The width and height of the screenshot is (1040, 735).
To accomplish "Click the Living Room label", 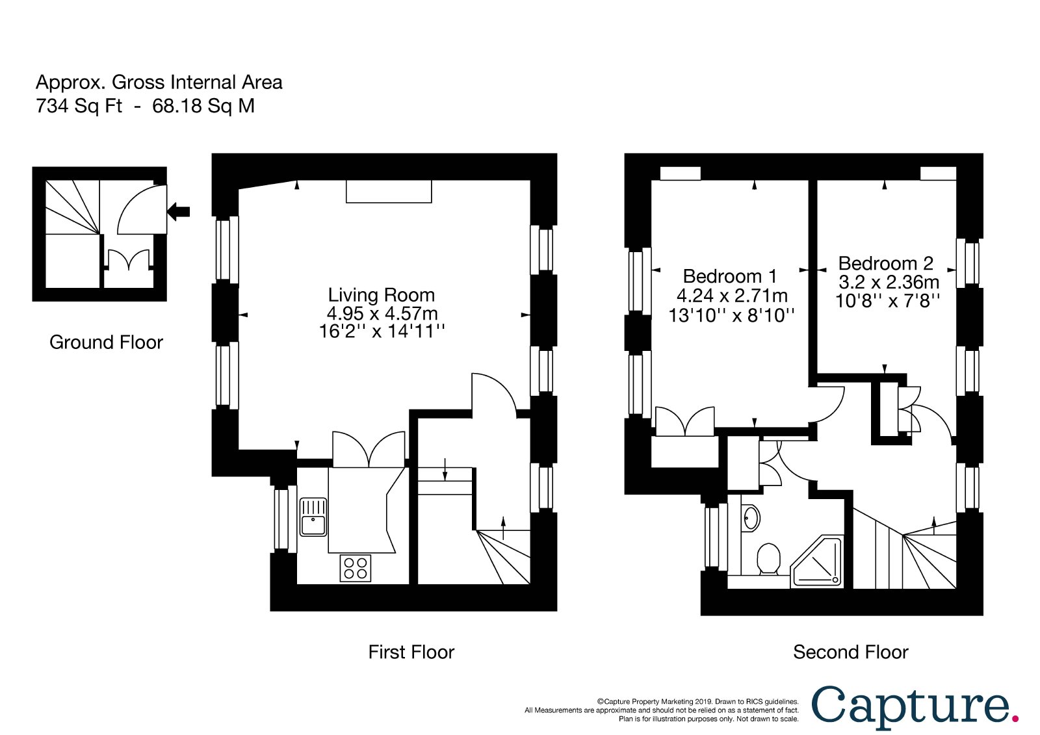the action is coord(381,295).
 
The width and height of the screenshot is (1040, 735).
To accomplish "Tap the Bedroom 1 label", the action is coord(729,276).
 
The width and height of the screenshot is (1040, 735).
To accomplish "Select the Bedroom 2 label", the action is coord(885,263).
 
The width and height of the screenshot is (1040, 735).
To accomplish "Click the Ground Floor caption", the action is coord(106,342).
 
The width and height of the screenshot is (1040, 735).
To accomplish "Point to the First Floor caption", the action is coord(411,652).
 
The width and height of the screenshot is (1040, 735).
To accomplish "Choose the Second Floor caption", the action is coord(850,652).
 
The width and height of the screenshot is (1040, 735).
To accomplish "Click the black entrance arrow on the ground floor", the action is coord(178,212).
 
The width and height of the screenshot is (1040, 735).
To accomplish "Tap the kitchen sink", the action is coord(313,517).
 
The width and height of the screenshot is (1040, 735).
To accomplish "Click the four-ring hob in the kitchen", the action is coord(355,569).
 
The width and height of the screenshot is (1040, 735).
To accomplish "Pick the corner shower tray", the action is coord(816,562).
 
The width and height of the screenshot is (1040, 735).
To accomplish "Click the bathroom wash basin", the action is coord(751,518).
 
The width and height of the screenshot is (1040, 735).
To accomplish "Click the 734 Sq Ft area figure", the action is coord(79,106).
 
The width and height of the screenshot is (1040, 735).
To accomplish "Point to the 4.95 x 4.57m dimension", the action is coord(382,313).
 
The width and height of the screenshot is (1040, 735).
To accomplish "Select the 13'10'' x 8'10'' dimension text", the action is coord(731,316).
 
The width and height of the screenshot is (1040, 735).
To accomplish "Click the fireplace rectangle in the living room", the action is coord(389,191).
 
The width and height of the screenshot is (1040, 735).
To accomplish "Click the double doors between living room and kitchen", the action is coord(369,449).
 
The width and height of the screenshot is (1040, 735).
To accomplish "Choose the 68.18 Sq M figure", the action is coord(203,106).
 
